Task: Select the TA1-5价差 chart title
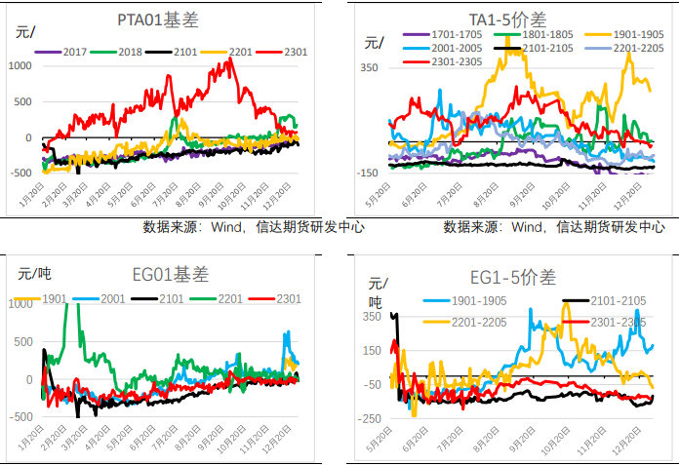tap(507, 20)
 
